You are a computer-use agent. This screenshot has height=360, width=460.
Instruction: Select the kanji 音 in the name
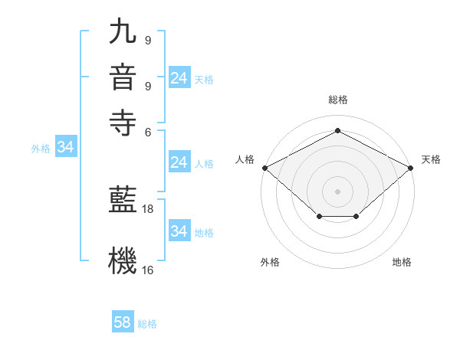click(x=123, y=77)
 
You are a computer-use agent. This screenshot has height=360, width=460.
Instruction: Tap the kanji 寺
click(x=123, y=122)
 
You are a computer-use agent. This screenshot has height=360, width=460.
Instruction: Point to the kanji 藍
click(x=123, y=200)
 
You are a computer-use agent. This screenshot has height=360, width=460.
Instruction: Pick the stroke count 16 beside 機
click(x=148, y=270)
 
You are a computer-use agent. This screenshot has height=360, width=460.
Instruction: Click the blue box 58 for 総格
click(x=123, y=322)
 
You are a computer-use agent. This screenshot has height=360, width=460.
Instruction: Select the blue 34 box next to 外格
click(x=65, y=148)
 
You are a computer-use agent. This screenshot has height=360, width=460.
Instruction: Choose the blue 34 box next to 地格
click(x=179, y=231)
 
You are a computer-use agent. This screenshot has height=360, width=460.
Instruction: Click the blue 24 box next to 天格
click(x=179, y=78)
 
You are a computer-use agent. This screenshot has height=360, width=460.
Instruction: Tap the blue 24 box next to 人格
click(x=179, y=162)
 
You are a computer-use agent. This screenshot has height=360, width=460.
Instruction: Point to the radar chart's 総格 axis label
click(x=337, y=100)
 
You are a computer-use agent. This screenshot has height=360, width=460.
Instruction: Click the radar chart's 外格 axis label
click(x=270, y=262)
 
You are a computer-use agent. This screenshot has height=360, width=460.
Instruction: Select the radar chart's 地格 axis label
click(x=402, y=262)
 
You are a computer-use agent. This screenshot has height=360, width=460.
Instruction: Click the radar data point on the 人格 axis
click(x=264, y=168)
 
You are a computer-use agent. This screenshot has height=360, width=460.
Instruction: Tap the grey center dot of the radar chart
click(x=337, y=191)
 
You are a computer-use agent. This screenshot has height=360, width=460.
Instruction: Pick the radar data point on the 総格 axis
click(x=337, y=131)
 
